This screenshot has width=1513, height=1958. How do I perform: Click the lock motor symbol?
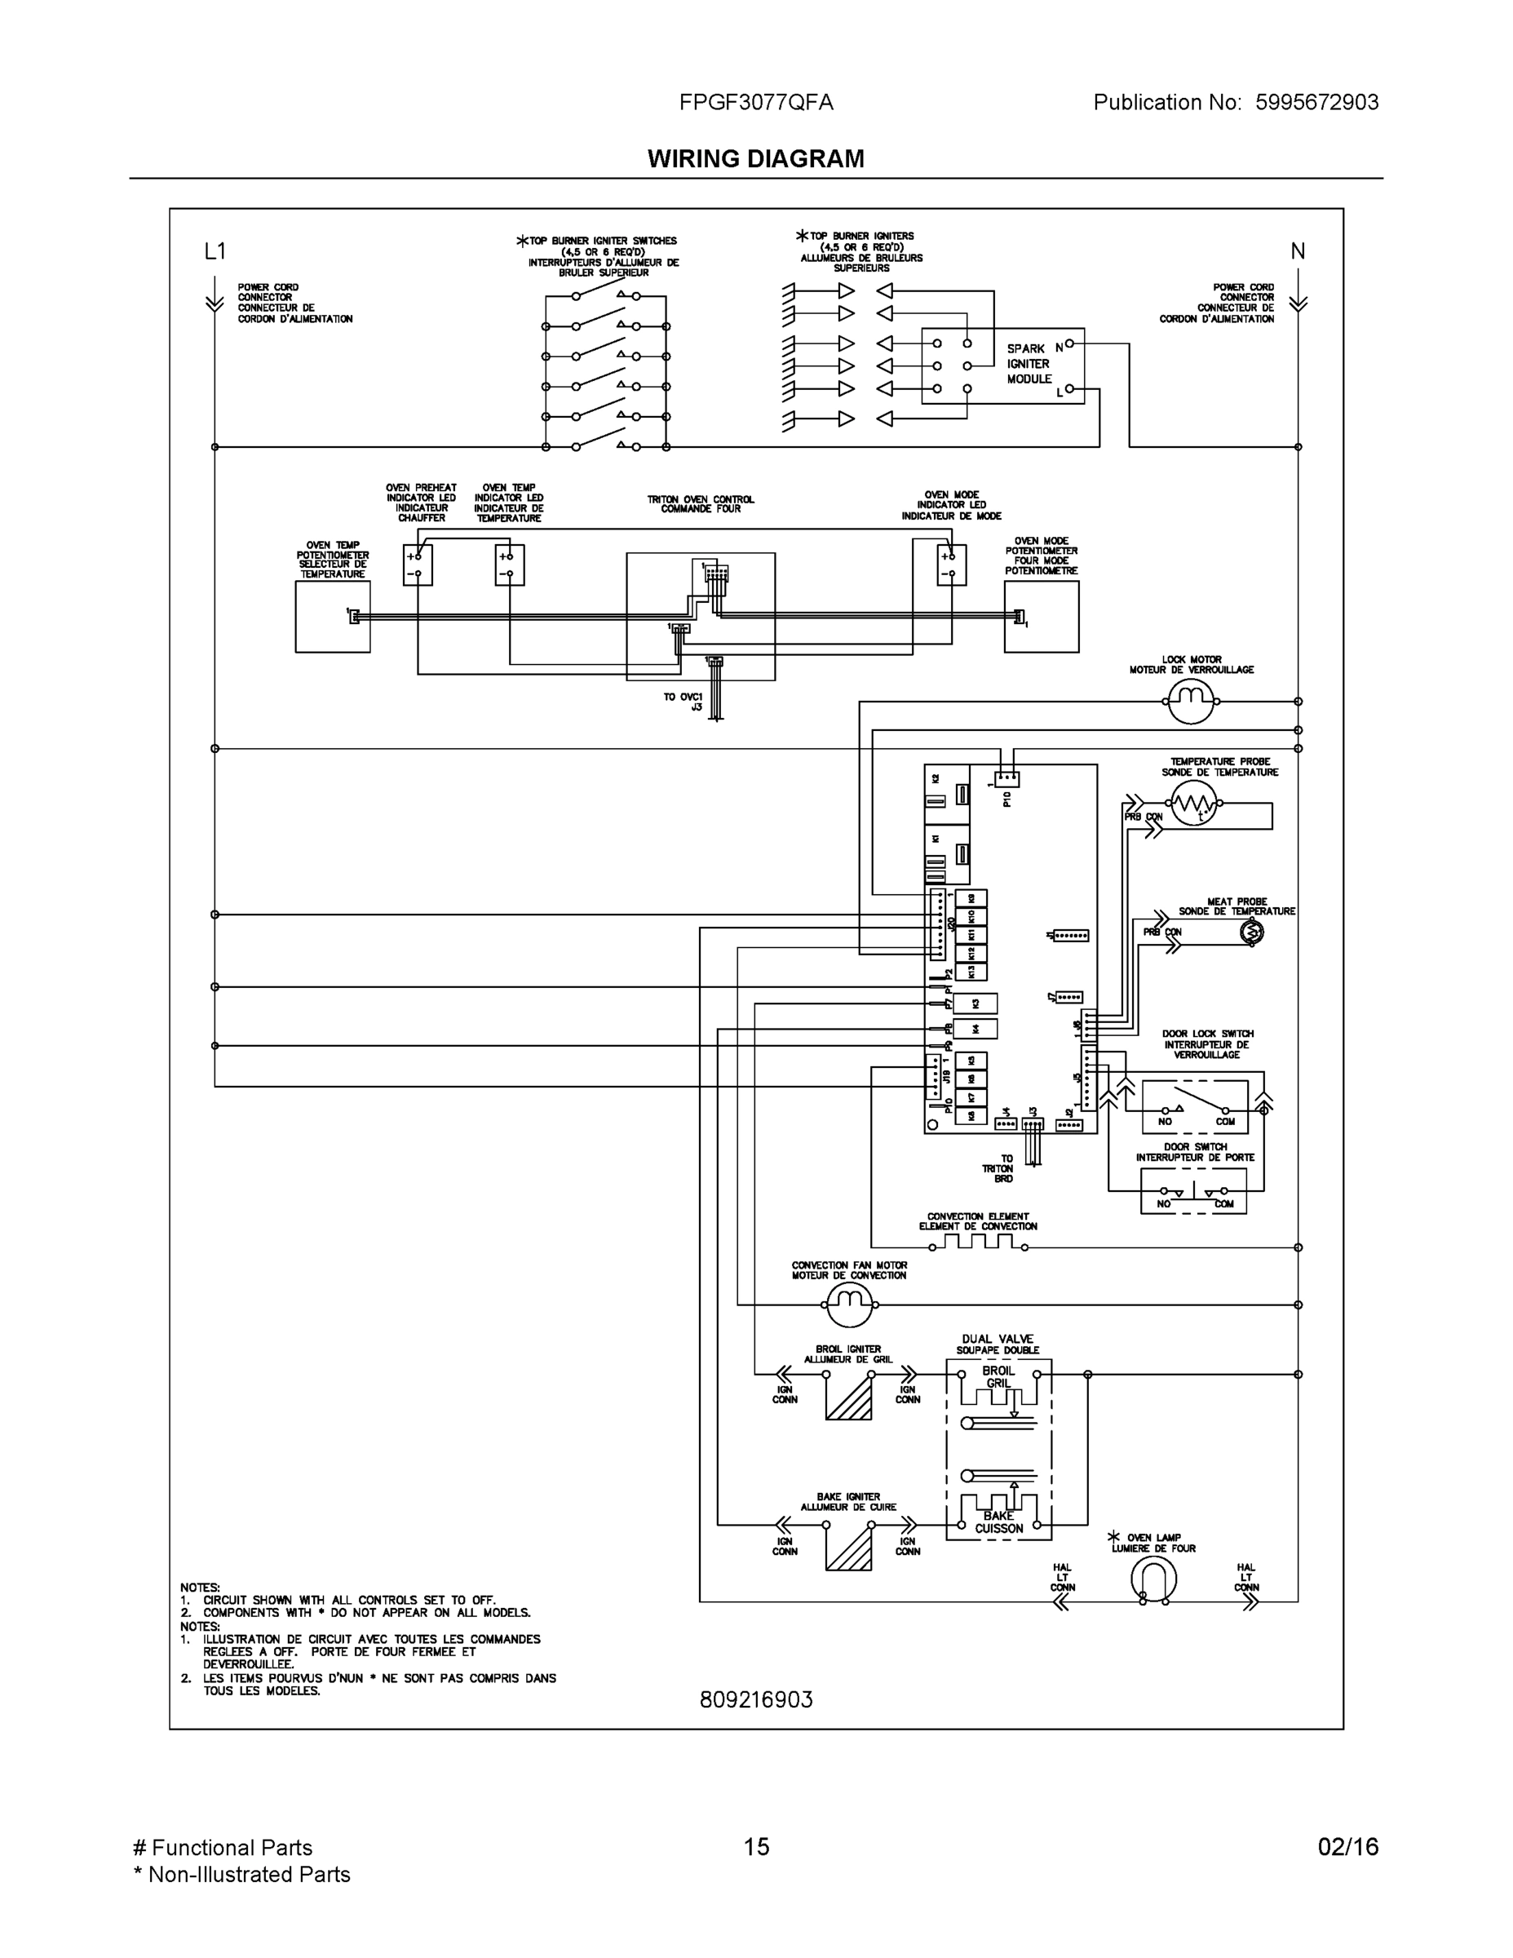(1190, 701)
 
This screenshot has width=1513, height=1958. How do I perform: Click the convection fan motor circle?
(848, 1305)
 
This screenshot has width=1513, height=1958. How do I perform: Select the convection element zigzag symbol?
(978, 1242)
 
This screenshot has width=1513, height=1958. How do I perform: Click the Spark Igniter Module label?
(1028, 364)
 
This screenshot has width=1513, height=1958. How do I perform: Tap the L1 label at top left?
(215, 252)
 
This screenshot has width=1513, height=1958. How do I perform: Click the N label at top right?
(1297, 252)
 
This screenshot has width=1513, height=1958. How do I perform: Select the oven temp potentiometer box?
(333, 617)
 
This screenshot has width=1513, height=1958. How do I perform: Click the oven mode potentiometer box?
(1042, 617)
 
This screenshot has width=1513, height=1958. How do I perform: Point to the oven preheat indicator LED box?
(418, 565)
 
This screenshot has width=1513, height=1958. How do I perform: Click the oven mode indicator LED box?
(952, 565)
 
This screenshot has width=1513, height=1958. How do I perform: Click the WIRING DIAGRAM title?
(755, 159)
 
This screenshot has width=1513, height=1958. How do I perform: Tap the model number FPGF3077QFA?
(755, 102)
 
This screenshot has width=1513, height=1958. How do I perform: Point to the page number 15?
(755, 1847)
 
